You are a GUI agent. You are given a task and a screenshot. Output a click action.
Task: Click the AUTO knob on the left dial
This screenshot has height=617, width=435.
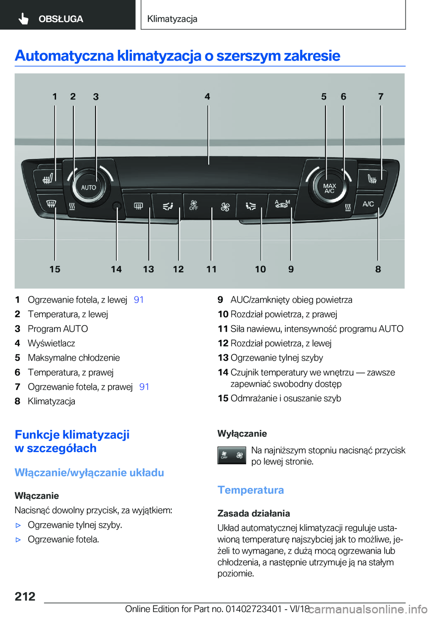tap(89, 187)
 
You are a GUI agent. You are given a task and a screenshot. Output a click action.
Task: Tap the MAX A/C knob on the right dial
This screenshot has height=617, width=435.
tap(329, 188)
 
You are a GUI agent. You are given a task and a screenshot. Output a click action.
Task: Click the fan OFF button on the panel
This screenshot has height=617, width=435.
tap(194, 205)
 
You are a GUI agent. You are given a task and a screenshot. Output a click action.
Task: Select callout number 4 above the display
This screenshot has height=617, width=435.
tap(207, 96)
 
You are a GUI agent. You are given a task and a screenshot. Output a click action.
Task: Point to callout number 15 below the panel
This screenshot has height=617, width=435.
tap(55, 270)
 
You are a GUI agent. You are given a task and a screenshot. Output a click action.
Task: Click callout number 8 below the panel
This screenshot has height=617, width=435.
tap(378, 270)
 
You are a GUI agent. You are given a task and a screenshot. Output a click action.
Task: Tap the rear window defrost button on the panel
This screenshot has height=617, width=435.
tap(138, 207)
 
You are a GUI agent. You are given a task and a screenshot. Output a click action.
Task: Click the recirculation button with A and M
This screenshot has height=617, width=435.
tap(282, 204)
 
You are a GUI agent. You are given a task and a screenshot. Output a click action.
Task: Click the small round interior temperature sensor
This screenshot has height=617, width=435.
tap(116, 206)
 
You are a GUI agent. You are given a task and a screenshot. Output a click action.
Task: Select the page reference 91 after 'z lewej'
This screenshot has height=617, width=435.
tap(139, 300)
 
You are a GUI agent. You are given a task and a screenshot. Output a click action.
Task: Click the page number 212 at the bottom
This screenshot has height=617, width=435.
tap(25, 596)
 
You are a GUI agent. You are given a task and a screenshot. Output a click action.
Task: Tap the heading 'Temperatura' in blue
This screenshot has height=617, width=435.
tap(251, 490)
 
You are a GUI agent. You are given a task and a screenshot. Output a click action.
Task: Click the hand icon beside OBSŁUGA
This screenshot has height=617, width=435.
tap(23, 19)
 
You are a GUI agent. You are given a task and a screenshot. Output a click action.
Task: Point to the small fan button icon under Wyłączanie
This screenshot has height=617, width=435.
tap(232, 455)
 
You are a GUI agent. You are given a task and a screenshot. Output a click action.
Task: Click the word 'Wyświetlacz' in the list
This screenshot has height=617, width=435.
tap(51, 343)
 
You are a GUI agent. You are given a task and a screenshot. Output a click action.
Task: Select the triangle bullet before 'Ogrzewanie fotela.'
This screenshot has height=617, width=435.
tap(19, 540)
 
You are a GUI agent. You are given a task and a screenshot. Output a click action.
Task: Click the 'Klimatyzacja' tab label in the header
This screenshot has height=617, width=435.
tap(172, 19)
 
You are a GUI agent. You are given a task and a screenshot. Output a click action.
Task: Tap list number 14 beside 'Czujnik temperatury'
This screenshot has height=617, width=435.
tap(223, 372)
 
